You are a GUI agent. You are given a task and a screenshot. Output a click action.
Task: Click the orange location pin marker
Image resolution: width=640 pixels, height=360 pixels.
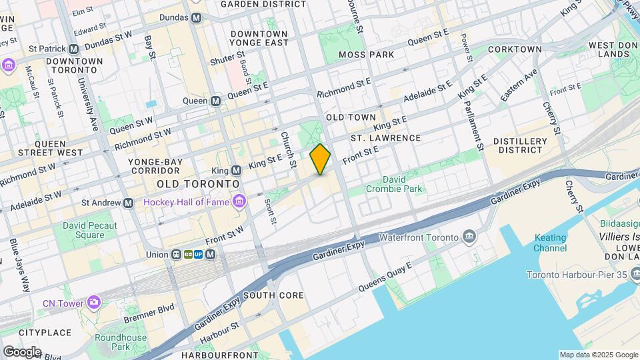click(x=321, y=159)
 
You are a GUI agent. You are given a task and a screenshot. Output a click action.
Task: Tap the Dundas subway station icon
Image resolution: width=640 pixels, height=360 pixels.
click(x=196, y=19)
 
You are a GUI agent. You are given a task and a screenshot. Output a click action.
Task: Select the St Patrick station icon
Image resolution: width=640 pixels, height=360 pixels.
click(x=73, y=49)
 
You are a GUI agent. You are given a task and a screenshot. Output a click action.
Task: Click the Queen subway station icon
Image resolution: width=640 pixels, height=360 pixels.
click(x=215, y=101)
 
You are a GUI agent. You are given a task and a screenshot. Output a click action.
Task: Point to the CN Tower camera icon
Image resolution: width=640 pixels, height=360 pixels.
click(x=93, y=303)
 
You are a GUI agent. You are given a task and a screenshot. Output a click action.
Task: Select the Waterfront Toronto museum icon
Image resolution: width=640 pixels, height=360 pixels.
click(x=469, y=237)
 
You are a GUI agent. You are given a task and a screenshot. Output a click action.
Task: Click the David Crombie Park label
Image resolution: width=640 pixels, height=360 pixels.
click(x=394, y=185)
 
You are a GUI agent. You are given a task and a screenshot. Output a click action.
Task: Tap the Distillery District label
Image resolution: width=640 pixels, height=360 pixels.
click(x=520, y=145)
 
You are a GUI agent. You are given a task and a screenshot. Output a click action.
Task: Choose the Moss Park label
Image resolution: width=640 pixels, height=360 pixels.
click(x=367, y=55)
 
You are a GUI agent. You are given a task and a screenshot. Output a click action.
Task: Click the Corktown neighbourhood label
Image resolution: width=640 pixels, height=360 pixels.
click(x=515, y=49)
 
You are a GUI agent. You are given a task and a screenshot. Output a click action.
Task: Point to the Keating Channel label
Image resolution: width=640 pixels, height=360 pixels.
click(x=550, y=243)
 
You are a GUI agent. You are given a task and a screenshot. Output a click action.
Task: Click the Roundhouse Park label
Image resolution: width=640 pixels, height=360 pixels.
click(x=112, y=342)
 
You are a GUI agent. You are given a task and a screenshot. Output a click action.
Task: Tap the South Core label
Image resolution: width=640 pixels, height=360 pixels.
click(x=273, y=295)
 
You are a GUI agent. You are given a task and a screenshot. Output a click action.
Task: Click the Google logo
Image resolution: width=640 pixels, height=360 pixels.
click(x=22, y=351)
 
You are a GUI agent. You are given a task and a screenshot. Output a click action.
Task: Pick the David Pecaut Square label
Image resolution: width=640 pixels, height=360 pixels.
click(x=89, y=230)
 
